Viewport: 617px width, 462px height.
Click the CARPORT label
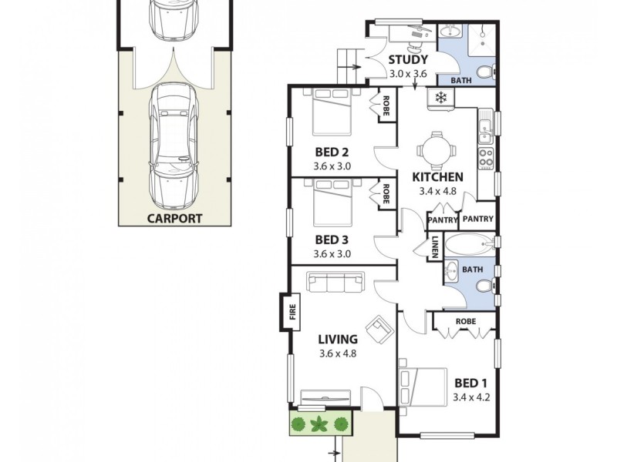174,218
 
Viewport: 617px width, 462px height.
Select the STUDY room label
407,61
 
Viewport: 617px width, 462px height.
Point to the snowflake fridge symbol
441,98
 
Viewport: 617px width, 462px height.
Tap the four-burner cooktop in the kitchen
487,158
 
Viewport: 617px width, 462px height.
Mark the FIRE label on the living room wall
292,312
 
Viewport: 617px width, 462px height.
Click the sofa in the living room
336,283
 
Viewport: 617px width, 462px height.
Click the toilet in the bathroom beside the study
484,73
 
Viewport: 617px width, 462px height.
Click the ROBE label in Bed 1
464,320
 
